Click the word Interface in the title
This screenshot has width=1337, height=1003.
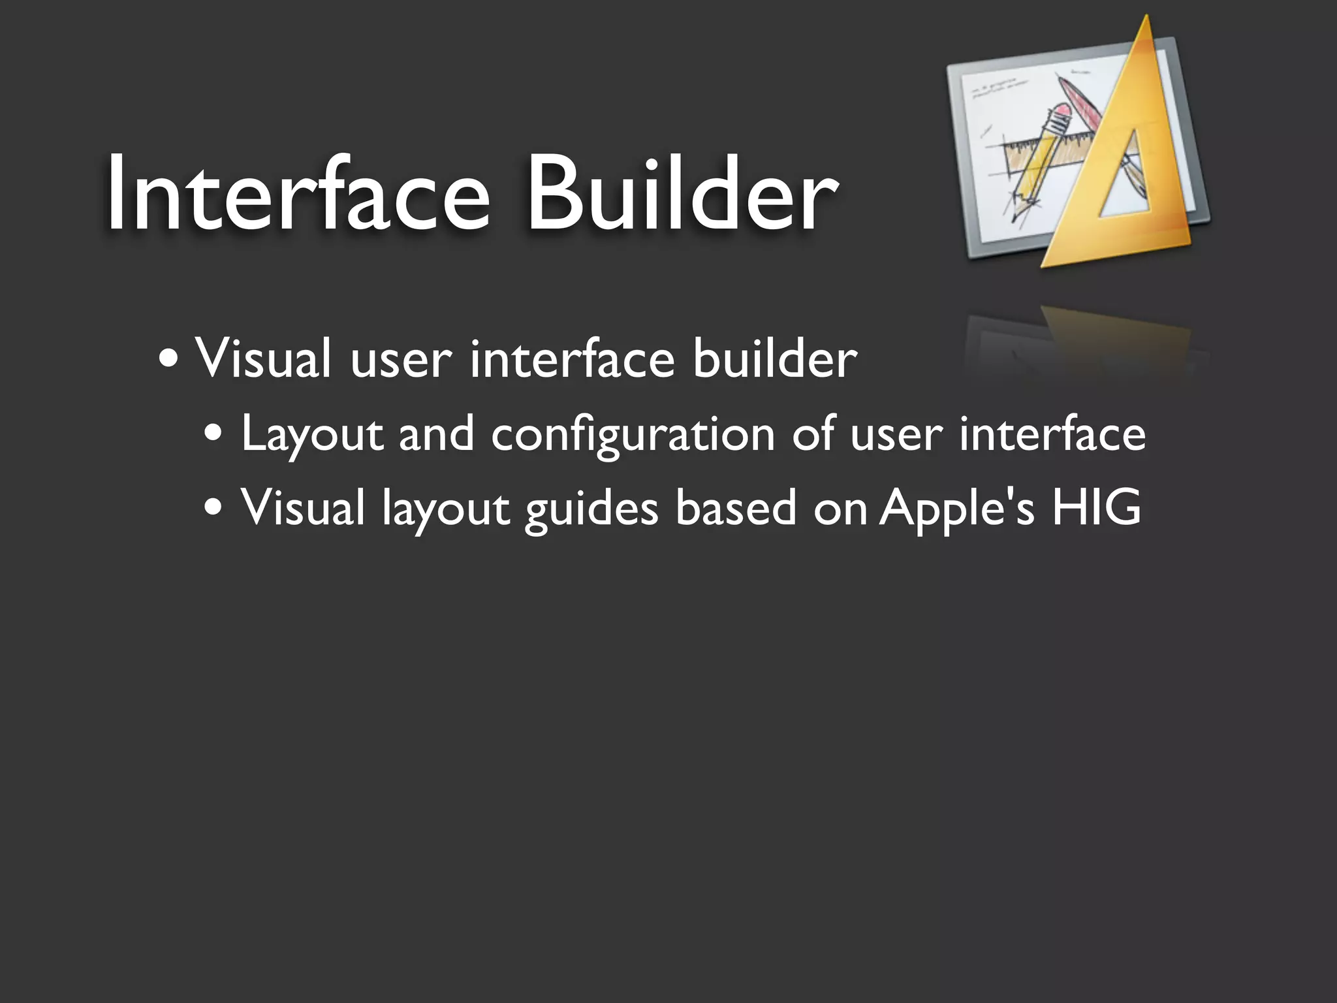(297, 194)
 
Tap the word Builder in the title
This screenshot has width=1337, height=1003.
(681, 194)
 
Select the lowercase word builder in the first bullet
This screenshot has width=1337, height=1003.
(775, 358)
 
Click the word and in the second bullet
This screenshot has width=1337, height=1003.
(436, 434)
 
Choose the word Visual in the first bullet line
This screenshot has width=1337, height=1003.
(263, 358)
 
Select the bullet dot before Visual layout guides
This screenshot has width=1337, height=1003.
(213, 507)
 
